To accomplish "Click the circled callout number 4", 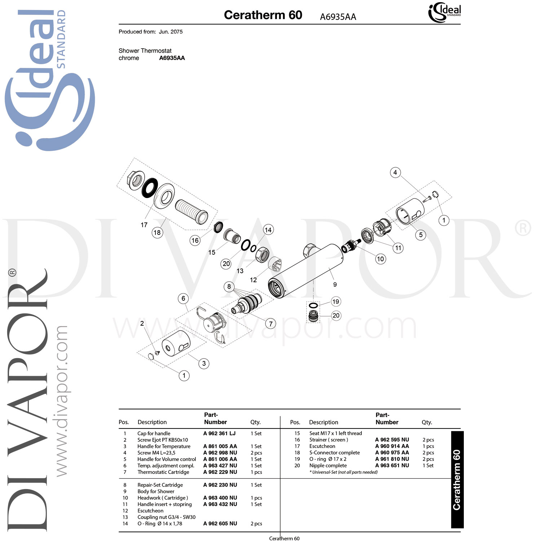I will coord(395,172).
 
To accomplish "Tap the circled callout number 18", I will coord(157,233).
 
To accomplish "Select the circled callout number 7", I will coord(270,324).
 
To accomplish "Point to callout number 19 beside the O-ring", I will coord(335,302).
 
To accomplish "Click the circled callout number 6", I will coord(183,298).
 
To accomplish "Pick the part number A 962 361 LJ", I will coord(219,434).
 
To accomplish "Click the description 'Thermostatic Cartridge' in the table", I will coord(163,472).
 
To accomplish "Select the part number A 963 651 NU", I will coord(392,466).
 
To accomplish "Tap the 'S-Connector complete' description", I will coord(334,453).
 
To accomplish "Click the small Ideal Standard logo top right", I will coord(444,12).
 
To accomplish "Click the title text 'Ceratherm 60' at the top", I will coord(263,15).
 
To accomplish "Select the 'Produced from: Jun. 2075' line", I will coord(150,32).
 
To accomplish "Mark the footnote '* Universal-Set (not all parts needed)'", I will coord(343,472).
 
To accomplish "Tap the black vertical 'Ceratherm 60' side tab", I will coord(457,480).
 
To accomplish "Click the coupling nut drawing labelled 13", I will coord(262,255).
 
